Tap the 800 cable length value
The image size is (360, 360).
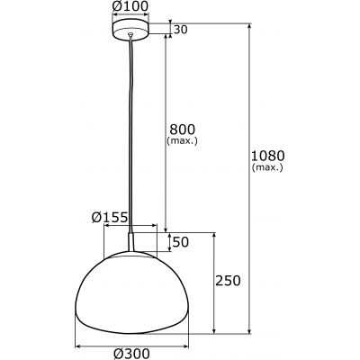click(182, 129)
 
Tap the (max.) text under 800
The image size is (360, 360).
click(182, 141)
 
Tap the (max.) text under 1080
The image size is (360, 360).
click(268, 167)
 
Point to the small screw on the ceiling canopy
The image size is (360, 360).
click(132, 34)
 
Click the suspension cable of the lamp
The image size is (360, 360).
click(132, 135)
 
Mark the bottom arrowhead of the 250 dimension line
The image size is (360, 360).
click(214, 330)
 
